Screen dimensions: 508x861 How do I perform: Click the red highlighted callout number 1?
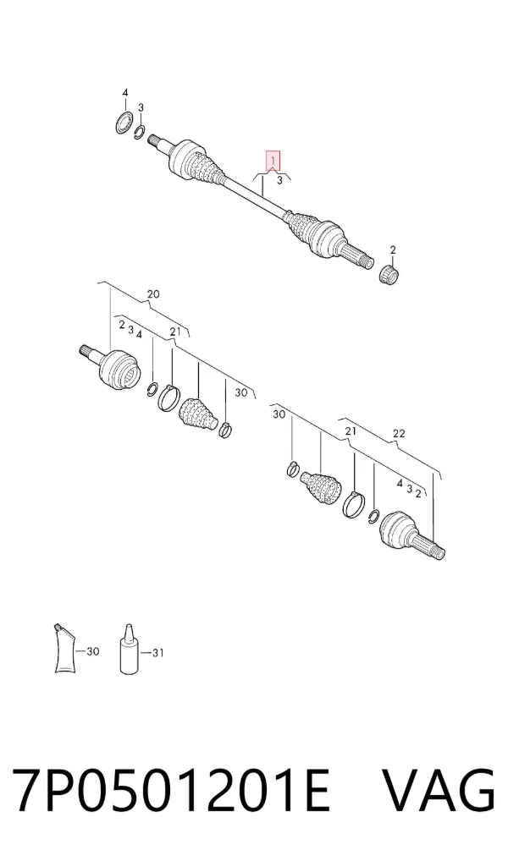(273, 161)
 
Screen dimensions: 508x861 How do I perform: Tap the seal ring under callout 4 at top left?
(124, 122)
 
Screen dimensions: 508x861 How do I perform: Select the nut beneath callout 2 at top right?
(390, 274)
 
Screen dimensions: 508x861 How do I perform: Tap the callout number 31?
(157, 652)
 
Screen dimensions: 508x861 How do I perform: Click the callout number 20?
(153, 294)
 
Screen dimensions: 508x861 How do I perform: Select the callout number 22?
(399, 433)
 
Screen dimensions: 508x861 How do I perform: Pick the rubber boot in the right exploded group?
(321, 486)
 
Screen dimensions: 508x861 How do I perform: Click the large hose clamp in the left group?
(168, 398)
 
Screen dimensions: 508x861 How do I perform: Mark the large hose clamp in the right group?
(355, 504)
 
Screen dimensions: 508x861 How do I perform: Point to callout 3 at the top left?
(141, 107)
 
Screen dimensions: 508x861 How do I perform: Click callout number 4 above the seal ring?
(124, 93)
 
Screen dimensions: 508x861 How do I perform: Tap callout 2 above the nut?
(393, 250)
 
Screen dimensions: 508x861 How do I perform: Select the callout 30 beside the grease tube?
(93, 651)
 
